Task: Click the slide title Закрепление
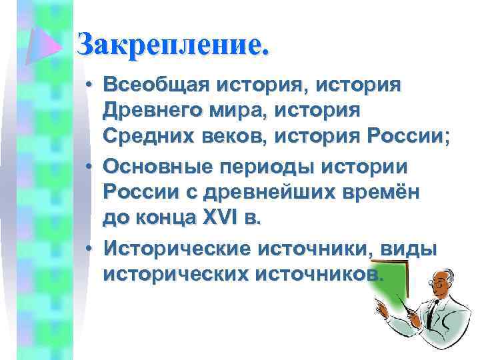click(x=174, y=46)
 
